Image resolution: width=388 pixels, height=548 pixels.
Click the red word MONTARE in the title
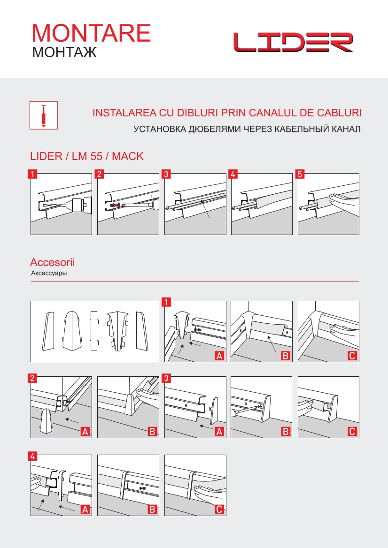click(x=91, y=33)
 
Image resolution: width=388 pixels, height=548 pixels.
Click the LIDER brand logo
click(x=293, y=42)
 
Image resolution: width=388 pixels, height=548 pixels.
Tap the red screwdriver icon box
click(x=43, y=115)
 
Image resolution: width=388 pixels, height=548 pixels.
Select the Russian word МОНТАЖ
click(x=64, y=52)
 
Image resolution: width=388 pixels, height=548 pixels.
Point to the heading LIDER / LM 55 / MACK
click(x=87, y=156)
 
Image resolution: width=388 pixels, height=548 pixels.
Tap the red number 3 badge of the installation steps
click(x=166, y=174)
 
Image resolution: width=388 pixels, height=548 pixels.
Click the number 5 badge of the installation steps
click(x=300, y=174)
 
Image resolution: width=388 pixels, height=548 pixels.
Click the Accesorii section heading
click(x=53, y=262)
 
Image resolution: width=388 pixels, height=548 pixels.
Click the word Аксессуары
click(x=49, y=274)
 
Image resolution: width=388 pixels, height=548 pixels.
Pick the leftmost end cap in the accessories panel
click(x=49, y=331)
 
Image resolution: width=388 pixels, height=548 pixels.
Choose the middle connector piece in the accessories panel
click(x=94, y=330)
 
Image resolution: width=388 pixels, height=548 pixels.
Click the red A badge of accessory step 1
click(x=219, y=356)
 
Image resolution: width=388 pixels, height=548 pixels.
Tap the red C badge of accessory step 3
click(x=352, y=432)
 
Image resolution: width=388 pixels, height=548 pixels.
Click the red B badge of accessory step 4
click(x=152, y=510)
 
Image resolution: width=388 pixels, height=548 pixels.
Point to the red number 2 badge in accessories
click(x=32, y=378)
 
